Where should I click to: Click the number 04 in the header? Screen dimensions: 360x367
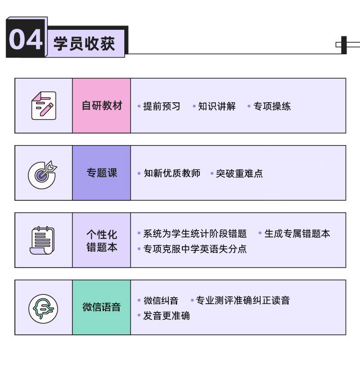click(x=26, y=39)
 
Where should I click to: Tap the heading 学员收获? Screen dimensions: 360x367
click(x=84, y=44)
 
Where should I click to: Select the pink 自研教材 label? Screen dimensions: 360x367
click(x=102, y=106)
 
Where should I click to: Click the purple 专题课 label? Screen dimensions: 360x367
click(x=102, y=173)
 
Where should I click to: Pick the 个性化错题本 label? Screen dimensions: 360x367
click(x=102, y=241)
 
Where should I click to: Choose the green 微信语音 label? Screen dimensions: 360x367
click(x=102, y=307)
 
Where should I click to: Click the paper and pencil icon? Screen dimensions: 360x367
click(x=44, y=106)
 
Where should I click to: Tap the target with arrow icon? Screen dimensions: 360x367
click(x=42, y=174)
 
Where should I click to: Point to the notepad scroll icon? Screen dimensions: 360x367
click(x=42, y=240)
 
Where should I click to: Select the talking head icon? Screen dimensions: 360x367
click(x=43, y=309)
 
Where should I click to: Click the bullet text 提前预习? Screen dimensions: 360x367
click(x=162, y=106)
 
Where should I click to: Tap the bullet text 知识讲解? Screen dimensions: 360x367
click(x=217, y=106)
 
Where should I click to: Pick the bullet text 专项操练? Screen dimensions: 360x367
click(x=272, y=106)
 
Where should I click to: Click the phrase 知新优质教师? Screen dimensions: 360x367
click(x=172, y=173)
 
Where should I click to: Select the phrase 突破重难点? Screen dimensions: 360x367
click(x=240, y=173)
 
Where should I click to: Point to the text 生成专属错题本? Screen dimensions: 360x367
click(x=297, y=233)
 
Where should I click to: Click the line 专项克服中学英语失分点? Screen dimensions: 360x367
click(x=195, y=249)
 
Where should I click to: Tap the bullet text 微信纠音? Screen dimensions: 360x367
click(x=161, y=301)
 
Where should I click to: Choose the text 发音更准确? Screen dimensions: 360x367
click(x=167, y=316)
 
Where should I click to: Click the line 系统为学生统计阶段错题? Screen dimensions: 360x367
click(x=195, y=233)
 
